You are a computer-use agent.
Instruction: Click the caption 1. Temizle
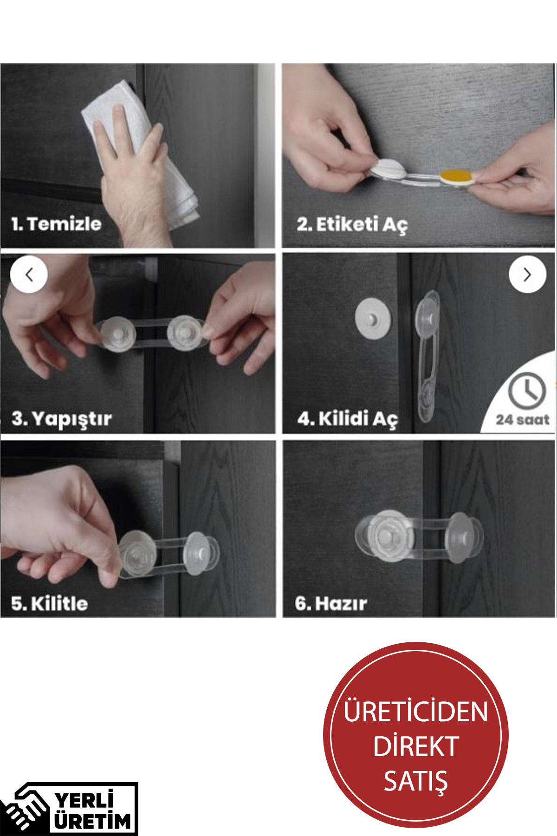click(57, 224)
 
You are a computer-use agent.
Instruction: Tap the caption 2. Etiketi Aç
click(352, 224)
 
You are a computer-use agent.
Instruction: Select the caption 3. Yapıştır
click(62, 418)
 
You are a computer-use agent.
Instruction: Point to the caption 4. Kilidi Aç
click(348, 418)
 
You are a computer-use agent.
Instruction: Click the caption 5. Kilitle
click(50, 603)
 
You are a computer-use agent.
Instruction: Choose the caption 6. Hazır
click(331, 603)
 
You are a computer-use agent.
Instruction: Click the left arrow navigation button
click(29, 274)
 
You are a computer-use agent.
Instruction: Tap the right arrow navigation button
click(527, 274)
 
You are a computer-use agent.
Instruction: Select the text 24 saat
click(522, 419)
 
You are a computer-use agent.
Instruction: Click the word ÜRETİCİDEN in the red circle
click(415, 712)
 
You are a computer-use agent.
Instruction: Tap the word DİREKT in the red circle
click(415, 746)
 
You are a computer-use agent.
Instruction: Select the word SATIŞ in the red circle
click(415, 781)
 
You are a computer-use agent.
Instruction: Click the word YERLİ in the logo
click(84, 800)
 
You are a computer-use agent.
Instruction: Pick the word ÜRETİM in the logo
click(93, 821)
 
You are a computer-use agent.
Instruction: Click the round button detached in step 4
click(373, 320)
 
